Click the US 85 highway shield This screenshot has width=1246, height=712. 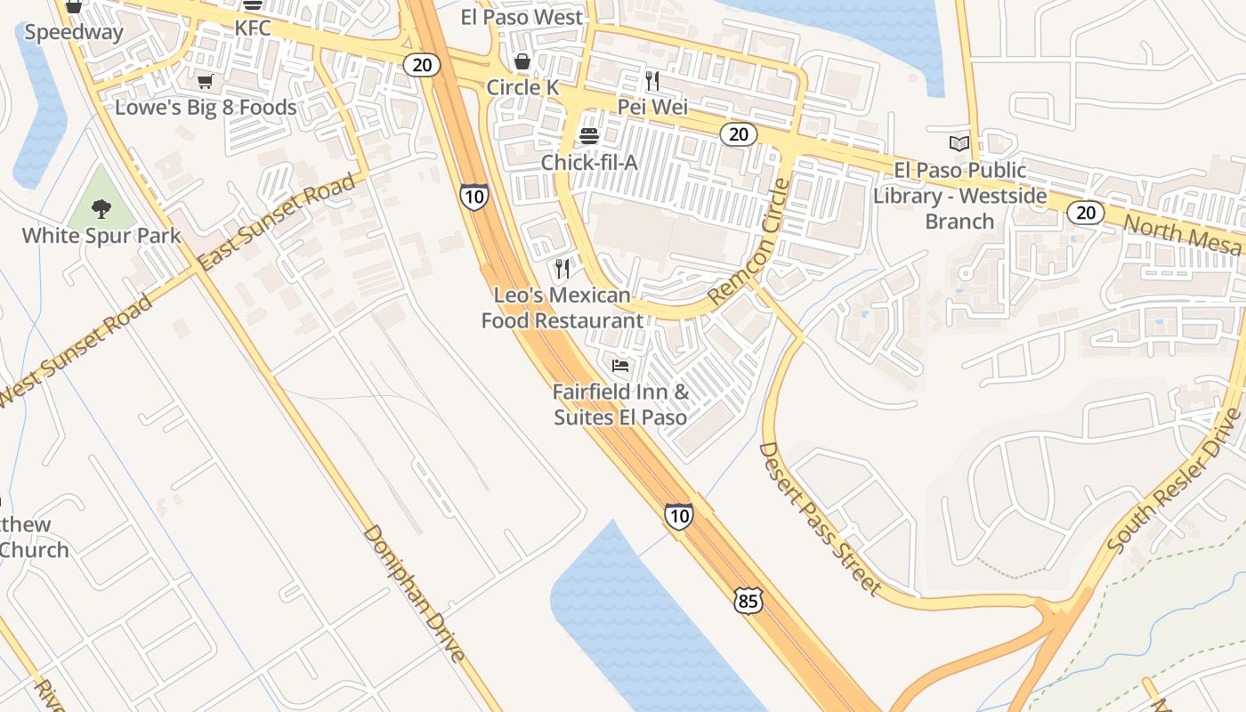tap(748, 601)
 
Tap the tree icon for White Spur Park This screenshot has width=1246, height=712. tap(101, 209)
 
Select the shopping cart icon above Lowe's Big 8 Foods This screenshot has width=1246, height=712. tap(206, 82)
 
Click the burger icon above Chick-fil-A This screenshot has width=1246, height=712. tap(588, 136)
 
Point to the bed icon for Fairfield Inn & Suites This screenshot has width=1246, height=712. tap(620, 365)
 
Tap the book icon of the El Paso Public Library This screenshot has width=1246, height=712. tap(959, 143)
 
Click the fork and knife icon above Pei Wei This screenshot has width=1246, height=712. tap(652, 81)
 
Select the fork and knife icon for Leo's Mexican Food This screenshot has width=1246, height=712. tap(562, 268)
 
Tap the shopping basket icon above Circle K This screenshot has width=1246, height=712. tap(522, 61)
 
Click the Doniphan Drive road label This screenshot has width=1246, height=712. tap(414, 594)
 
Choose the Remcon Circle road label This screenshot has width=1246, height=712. tap(749, 241)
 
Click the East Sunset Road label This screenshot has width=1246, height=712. tap(277, 222)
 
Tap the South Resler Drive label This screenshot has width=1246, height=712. tap(1174, 481)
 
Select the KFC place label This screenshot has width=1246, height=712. tap(252, 28)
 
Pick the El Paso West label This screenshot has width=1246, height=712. tap(522, 17)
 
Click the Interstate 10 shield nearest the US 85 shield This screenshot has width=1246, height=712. tap(678, 515)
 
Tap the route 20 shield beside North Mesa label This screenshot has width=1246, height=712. tap(1086, 213)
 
